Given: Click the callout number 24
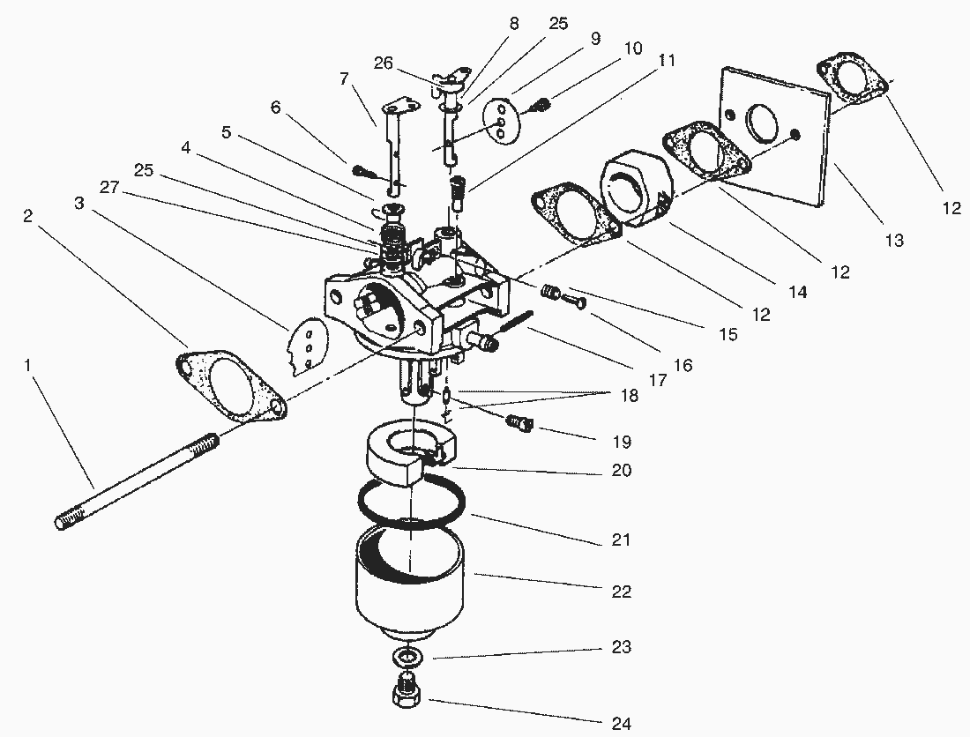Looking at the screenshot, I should [x=622, y=724].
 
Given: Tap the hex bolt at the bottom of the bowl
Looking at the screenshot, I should [x=407, y=689].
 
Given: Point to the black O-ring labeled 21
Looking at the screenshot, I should [x=413, y=503].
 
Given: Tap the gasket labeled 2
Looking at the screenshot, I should [x=231, y=387].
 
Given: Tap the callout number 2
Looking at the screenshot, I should [x=28, y=217].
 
